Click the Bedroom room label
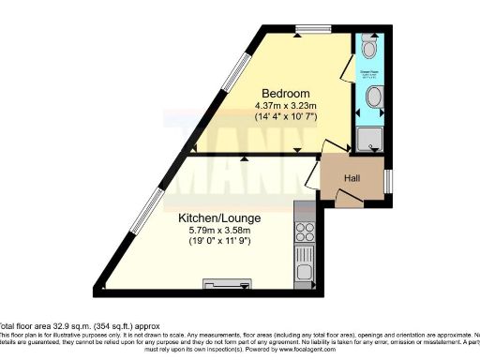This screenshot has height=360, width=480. coord(285,93)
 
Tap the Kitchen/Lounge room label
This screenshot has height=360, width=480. coord(219,218)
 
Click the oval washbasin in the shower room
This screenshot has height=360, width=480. coord(373,97)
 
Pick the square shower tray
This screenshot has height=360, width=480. coord(370,140)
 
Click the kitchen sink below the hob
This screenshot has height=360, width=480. coord(304,253)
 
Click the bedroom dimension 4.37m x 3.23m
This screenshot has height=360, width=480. coord(285,105)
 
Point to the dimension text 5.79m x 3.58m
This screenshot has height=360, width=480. coord(219,232)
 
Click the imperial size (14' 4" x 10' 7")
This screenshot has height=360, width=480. coord(285,117)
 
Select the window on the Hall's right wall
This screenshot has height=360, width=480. coord(388,176)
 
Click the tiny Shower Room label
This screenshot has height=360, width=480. coord(368,71)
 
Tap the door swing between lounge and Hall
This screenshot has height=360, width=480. coord(312,172)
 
